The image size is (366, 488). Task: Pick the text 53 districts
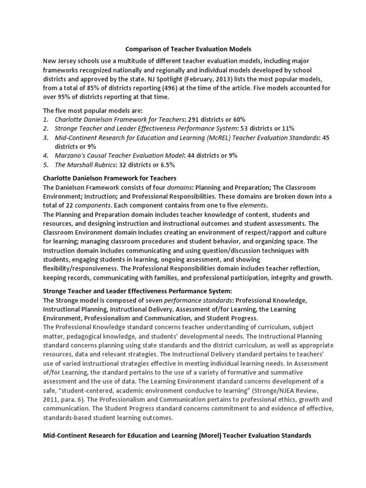click(259, 128)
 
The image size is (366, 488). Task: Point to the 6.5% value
click(166, 164)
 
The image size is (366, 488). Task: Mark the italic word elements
click(254, 206)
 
